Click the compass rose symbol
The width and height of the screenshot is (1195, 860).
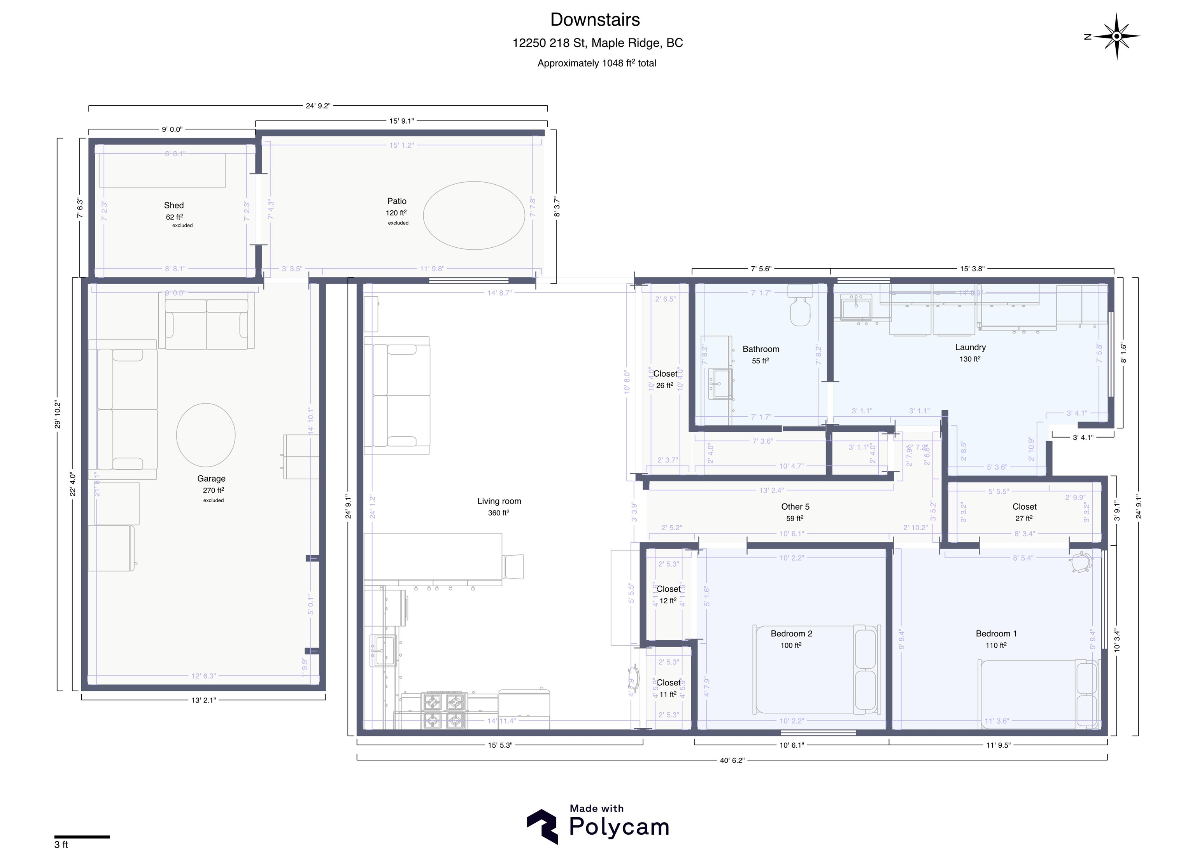1116,36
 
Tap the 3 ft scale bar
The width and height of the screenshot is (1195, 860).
82,837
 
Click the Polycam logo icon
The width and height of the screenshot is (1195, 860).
543,826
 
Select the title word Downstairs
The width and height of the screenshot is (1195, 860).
595,20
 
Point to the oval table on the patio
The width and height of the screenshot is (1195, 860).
474,215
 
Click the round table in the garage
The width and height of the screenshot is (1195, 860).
205,435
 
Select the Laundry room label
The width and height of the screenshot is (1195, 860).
970,348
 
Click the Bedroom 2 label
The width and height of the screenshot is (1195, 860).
791,634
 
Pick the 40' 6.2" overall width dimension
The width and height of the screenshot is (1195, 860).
732,760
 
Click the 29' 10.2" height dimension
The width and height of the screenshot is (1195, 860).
58,414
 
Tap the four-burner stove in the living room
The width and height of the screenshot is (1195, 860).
444,710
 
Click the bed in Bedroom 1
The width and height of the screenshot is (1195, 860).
1038,694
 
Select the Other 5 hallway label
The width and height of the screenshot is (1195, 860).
795,507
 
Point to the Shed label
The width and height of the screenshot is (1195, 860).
173,205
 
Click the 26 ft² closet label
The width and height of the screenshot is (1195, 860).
665,379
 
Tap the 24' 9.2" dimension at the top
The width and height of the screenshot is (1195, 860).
318,106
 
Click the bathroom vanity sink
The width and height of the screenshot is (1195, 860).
720,383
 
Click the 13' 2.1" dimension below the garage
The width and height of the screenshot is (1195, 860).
203,700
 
